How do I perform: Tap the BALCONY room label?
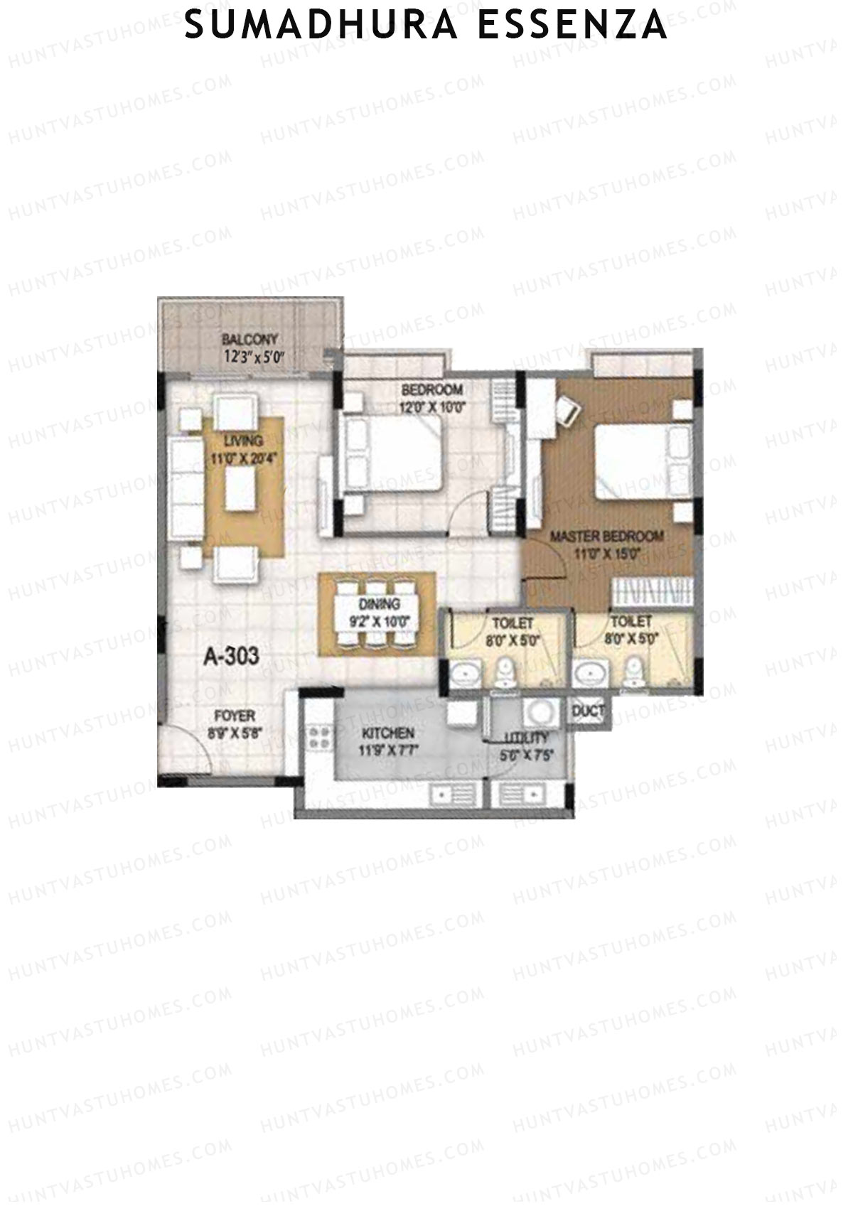click(249, 339)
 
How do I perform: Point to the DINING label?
click(379, 604)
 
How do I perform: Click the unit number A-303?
click(231, 657)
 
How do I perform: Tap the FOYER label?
click(234, 716)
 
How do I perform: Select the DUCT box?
click(589, 711)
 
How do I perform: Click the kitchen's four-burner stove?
click(319, 737)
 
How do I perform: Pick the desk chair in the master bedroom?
click(569, 408)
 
